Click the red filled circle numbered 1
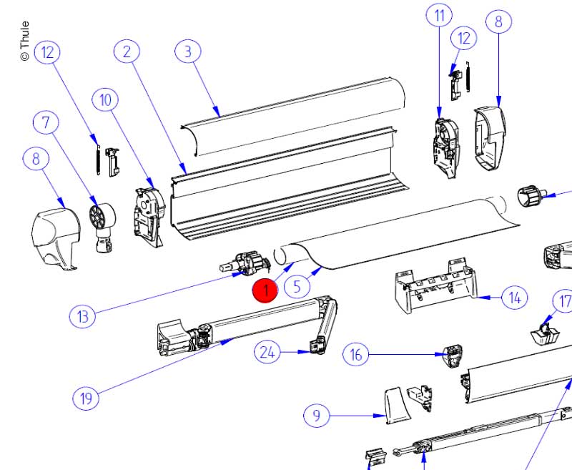pyautogui.click(x=265, y=290)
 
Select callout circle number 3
pyautogui.click(x=188, y=52)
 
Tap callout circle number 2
pyautogui.click(x=127, y=52)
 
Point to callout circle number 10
pyautogui.click(x=106, y=100)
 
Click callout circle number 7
pyautogui.click(x=46, y=123)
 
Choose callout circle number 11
pyautogui.click(x=439, y=15)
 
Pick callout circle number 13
pyautogui.click(x=83, y=315)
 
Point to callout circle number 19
pyautogui.click(x=87, y=398)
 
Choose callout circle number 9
pyautogui.click(x=317, y=415)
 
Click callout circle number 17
pyautogui.click(x=564, y=301)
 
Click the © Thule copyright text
pyautogui.click(x=24, y=41)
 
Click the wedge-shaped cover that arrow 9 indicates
pyautogui.click(x=395, y=404)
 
